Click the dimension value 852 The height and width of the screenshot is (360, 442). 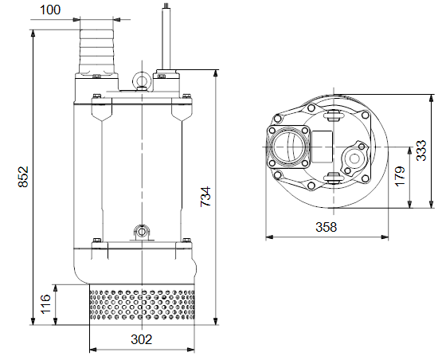pos(23,177)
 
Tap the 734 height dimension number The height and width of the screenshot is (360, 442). pos(205,197)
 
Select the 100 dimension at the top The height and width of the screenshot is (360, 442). pos(50,10)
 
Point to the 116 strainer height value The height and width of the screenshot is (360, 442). pos(45,304)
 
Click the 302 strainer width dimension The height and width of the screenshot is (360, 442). pos(142,339)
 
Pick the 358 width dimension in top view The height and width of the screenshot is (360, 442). pos(327,227)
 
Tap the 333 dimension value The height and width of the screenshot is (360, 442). pos(422,151)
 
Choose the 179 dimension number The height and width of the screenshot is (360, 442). pos(400,177)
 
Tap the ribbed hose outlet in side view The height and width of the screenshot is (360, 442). pos(97,51)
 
